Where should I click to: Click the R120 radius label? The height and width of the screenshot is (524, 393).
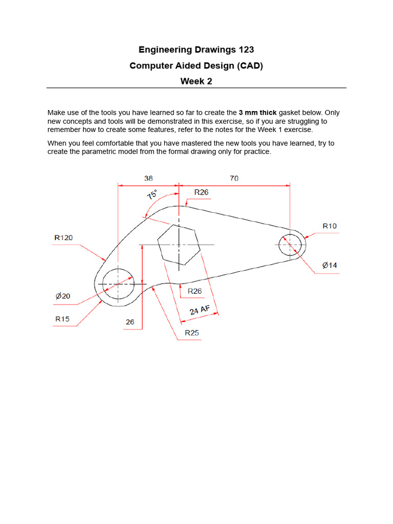tap(63, 237)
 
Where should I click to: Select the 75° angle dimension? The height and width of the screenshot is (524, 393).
tap(152, 195)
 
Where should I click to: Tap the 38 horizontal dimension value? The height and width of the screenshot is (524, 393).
tap(148, 179)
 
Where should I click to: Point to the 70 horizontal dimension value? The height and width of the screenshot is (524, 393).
tap(234, 179)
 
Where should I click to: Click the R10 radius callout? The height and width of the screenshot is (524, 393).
tap(330, 226)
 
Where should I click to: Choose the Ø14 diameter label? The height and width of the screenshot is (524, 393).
tap(330, 265)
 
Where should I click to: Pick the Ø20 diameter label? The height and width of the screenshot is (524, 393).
tap(63, 296)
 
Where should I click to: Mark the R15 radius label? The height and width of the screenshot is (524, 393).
tap(62, 319)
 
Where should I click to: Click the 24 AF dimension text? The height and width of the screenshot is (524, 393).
tap(200, 310)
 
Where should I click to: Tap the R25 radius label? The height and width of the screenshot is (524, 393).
tap(192, 333)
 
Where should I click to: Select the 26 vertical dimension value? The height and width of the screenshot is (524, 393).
tap(130, 322)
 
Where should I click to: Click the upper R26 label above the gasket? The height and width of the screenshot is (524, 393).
tap(201, 192)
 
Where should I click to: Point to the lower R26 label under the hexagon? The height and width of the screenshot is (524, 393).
tap(194, 291)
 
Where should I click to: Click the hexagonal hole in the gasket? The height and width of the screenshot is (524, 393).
tap(178, 245)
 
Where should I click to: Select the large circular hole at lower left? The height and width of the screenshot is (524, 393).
tap(118, 283)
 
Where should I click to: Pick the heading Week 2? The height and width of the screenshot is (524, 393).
tap(196, 81)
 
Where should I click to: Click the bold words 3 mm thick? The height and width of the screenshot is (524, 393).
tap(257, 113)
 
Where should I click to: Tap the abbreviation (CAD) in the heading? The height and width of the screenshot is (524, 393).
tap(247, 65)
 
